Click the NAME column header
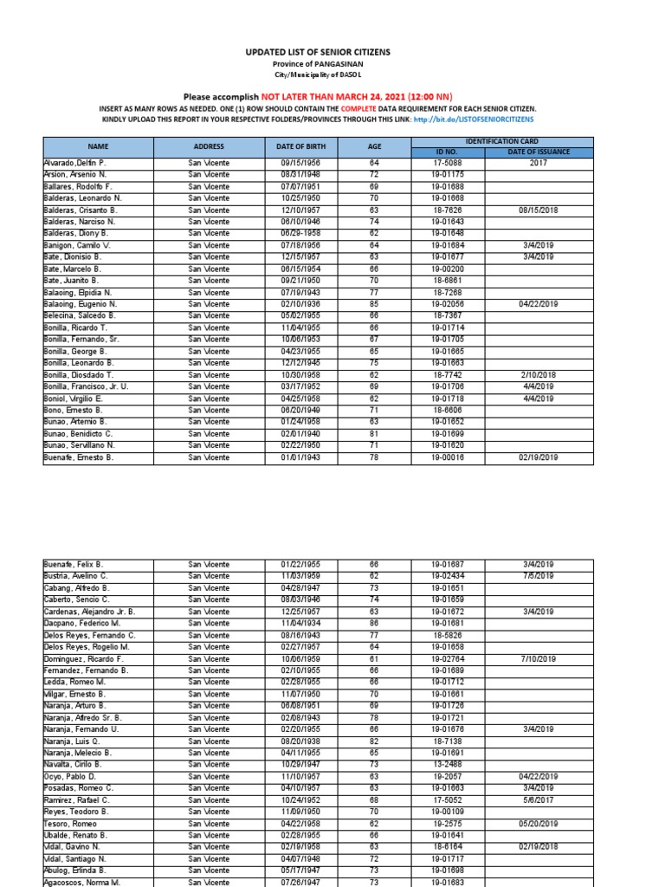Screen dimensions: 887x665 click(x=96, y=146)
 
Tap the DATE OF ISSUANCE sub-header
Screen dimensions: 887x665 click(x=539, y=152)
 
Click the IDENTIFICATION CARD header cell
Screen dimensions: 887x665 click(x=503, y=140)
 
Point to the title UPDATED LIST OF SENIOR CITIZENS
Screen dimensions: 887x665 click(x=332, y=52)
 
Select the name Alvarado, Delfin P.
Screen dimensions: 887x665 click(x=74, y=162)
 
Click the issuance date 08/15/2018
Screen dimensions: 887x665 click(x=539, y=210)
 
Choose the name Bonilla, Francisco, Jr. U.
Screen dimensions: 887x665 click(x=86, y=385)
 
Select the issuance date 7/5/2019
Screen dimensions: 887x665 click(x=539, y=576)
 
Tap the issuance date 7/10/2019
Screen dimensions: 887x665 click(x=539, y=682)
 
